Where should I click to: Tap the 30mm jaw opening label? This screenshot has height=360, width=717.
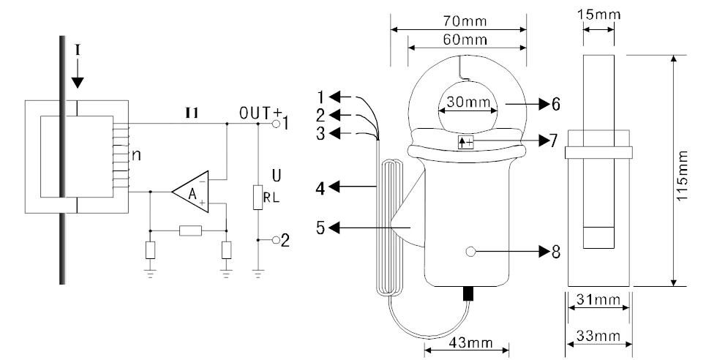click(x=468, y=102)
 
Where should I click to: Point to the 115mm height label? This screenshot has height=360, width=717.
click(x=682, y=175)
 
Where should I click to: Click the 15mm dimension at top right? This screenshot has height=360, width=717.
click(x=598, y=14)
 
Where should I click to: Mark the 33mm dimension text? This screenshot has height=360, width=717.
click(x=598, y=336)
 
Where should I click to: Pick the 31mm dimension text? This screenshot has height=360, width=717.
click(x=598, y=299)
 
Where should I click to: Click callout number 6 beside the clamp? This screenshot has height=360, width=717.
click(x=555, y=105)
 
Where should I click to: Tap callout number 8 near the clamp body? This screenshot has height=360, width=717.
click(x=555, y=251)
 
